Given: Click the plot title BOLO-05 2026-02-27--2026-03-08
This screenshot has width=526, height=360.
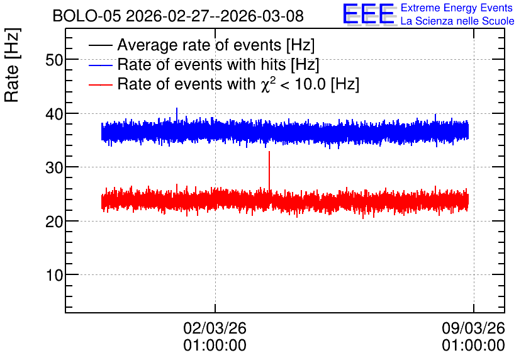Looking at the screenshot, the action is [x=178, y=16].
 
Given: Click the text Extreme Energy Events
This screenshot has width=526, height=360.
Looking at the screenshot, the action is [x=457, y=8].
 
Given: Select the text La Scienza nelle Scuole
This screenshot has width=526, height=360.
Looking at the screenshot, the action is [x=457, y=21].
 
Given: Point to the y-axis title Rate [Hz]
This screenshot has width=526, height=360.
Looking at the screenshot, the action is [x=12, y=65].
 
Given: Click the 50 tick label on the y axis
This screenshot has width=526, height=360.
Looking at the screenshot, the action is [x=54, y=60].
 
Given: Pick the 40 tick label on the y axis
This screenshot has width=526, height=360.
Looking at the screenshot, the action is [x=54, y=114].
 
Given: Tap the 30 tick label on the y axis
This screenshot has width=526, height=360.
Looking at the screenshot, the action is [x=54, y=167].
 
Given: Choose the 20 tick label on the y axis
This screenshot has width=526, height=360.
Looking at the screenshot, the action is [x=54, y=222].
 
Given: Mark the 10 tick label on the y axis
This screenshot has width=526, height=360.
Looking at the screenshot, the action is [x=55, y=275].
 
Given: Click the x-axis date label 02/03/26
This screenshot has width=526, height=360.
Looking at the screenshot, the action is [x=215, y=328].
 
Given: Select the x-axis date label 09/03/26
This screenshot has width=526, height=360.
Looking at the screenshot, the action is [x=473, y=328].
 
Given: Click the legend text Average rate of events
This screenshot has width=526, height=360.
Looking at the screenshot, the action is [x=199, y=45].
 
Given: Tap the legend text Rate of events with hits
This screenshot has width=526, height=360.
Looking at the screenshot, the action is [x=201, y=64].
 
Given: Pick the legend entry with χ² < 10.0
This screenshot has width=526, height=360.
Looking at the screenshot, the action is [x=238, y=84].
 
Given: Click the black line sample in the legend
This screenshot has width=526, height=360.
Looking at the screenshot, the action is [x=101, y=45].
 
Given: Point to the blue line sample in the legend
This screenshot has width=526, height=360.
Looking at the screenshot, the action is [x=101, y=65].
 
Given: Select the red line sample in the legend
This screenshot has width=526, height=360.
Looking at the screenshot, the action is [x=101, y=84].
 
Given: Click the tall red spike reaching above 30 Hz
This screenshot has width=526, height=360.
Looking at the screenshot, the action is [x=269, y=171].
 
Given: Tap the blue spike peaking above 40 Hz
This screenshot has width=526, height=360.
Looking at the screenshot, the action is [x=177, y=115].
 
